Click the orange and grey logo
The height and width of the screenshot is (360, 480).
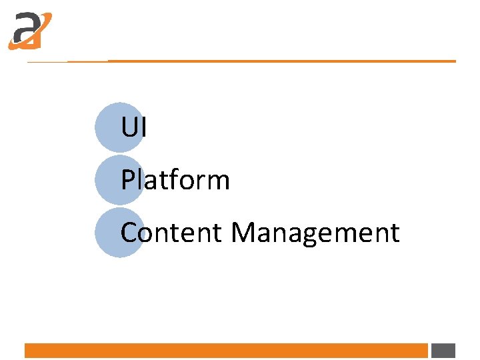click(29, 31)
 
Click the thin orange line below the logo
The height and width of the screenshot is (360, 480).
click(267, 61)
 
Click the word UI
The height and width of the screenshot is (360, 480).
click(133, 127)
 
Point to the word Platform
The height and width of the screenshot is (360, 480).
click(175, 180)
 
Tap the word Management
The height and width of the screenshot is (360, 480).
click(315, 233)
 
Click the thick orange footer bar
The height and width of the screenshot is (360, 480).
click(226, 351)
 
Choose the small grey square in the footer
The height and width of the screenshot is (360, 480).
click(443, 351)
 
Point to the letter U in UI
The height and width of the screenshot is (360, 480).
click(129, 127)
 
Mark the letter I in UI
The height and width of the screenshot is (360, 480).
click(143, 127)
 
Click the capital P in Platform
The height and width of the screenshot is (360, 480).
click(128, 180)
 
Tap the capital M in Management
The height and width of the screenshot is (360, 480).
click(243, 233)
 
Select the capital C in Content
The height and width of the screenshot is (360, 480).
click(129, 233)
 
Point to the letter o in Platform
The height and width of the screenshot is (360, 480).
click(189, 182)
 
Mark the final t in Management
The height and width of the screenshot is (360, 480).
click(395, 233)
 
